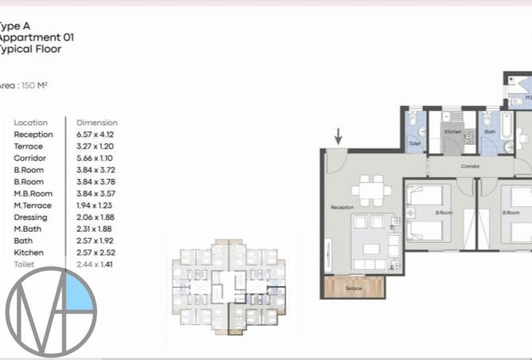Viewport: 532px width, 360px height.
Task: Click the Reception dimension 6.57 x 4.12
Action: (x=96, y=135)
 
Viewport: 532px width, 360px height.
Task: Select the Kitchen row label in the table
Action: (x=28, y=252)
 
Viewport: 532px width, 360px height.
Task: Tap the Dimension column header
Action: (x=96, y=123)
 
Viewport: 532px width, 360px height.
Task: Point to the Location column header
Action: (x=30, y=123)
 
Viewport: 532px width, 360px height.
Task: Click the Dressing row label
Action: (x=30, y=217)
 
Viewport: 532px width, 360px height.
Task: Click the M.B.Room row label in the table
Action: (x=33, y=194)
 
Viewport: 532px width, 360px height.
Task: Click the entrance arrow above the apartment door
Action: (x=338, y=136)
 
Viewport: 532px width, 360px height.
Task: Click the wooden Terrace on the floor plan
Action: (x=354, y=287)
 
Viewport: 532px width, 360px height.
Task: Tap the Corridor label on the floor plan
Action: (x=470, y=166)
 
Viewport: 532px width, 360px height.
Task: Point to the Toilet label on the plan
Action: (x=414, y=144)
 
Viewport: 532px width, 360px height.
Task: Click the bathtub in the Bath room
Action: (x=507, y=137)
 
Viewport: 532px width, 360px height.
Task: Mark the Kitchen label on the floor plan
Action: (x=452, y=131)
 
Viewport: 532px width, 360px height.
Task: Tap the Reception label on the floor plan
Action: (x=342, y=207)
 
